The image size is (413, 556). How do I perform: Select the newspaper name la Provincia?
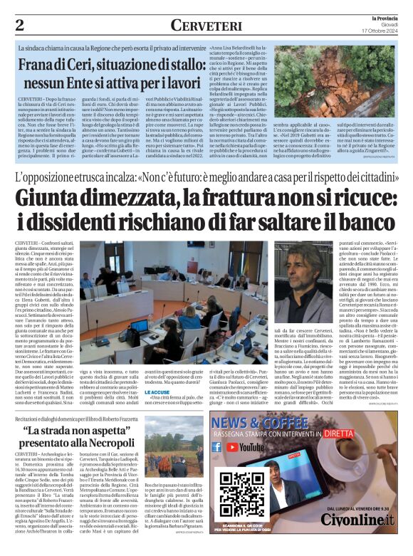tap(385, 17)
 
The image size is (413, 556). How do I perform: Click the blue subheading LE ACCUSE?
tap(155, 392)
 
